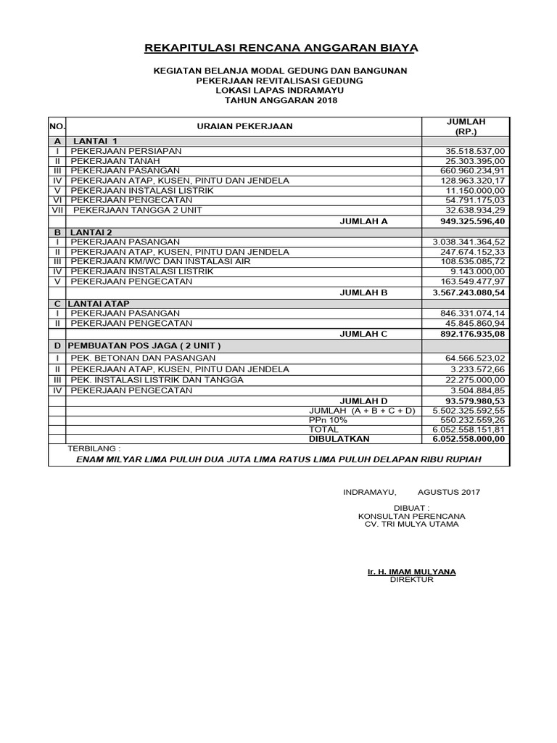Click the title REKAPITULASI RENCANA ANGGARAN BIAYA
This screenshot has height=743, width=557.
tap(281, 48)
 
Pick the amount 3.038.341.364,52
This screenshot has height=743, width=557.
tap(468, 242)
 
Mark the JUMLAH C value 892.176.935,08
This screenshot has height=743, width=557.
tap(468, 334)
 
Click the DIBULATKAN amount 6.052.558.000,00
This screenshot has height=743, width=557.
tap(468, 439)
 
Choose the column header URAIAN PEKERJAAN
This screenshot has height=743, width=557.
tap(244, 126)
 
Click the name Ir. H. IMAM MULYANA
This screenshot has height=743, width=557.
tap(411, 572)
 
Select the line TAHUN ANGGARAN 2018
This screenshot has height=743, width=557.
tap(281, 100)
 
